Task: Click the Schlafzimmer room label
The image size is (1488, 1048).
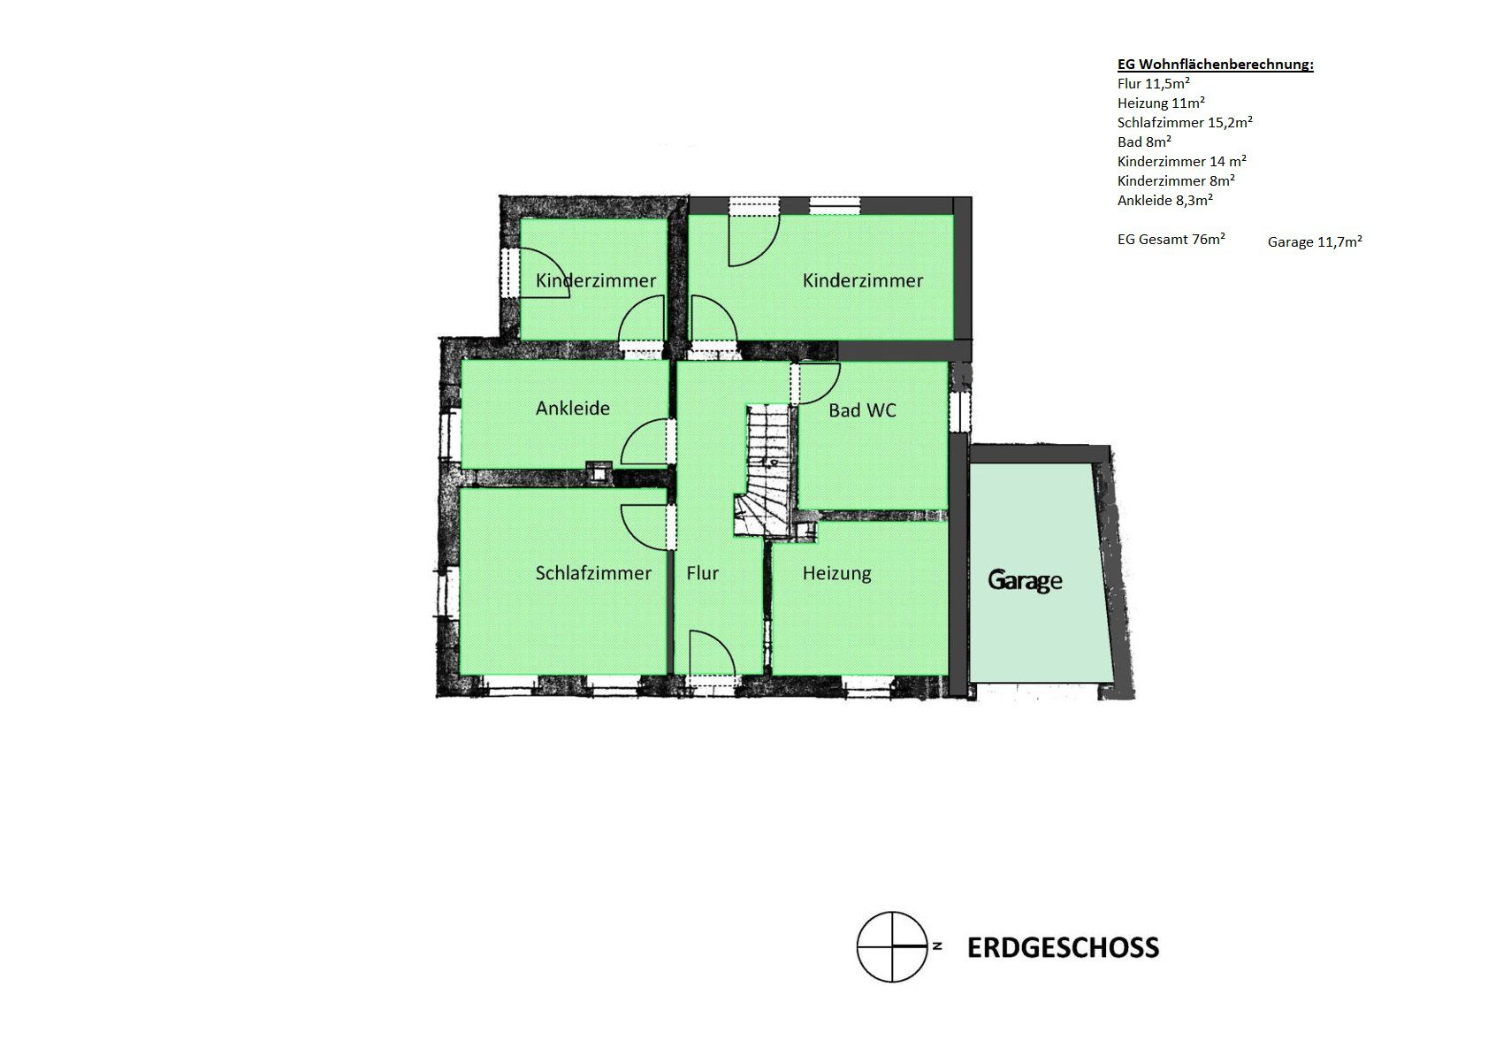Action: point(593,573)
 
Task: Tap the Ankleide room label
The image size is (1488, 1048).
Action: point(573,408)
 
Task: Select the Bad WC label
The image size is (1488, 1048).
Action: point(862,410)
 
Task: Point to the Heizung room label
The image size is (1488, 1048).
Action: point(836,573)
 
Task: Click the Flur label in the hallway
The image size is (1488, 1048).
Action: point(703,573)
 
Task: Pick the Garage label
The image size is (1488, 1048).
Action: point(1025,580)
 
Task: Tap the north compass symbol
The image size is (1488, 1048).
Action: point(892,946)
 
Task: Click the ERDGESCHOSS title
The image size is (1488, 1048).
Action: point(1063,948)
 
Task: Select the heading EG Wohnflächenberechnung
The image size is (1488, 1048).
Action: point(1215,65)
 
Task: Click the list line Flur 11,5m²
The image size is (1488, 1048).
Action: point(1153,84)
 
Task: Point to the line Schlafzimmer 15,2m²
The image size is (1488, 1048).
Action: point(1185,122)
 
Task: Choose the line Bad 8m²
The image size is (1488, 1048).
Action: point(1144,142)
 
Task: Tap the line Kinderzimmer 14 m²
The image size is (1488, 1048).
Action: point(1182,161)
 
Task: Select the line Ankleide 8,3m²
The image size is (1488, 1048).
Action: point(1164,200)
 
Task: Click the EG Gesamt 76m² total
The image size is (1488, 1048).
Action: point(1171,240)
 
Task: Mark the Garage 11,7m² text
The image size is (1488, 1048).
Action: point(1314,242)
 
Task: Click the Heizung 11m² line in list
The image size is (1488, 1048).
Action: point(1161,103)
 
